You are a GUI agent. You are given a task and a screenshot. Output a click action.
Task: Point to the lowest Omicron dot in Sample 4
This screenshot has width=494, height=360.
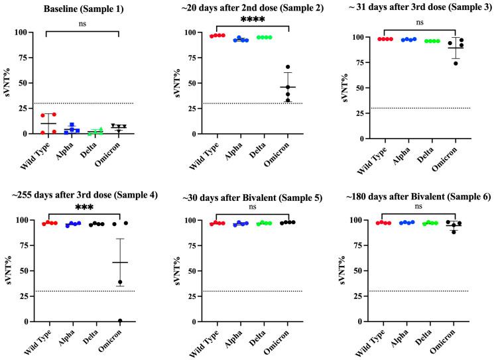pyautogui.click(x=120, y=321)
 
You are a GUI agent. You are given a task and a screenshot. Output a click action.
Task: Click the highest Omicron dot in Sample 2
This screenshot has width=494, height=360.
pyautogui.click(x=288, y=67)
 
